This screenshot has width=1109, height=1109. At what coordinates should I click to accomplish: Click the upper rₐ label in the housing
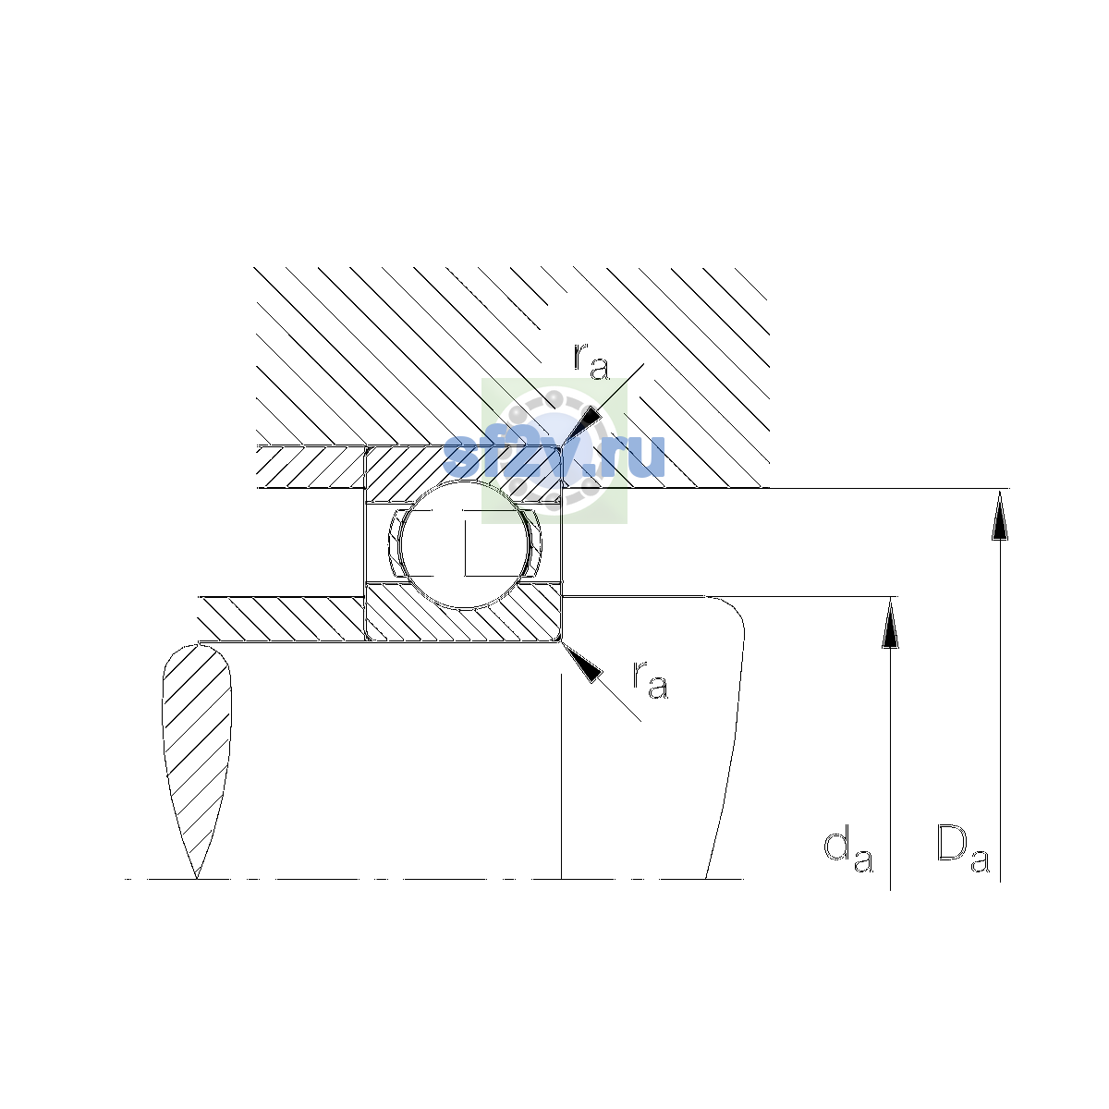pyautogui.click(x=591, y=362)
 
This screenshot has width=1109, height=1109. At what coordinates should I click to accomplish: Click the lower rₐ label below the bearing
pyautogui.click(x=651, y=680)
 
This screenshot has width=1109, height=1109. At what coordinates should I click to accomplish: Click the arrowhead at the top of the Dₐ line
pyautogui.click(x=1000, y=515)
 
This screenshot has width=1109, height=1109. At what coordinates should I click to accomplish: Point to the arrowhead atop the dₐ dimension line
pyautogui.click(x=890, y=623)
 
